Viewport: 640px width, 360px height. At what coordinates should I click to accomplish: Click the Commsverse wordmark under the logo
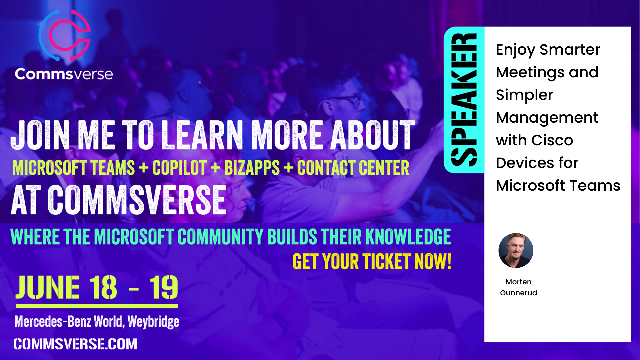pos(64,74)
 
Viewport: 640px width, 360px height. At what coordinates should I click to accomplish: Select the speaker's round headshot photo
pos(516,250)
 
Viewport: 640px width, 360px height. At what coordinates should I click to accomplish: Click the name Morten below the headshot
pos(518,282)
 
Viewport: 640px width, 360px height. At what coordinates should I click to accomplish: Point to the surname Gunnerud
pos(518,293)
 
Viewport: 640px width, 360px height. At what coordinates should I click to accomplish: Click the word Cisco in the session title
pos(552,140)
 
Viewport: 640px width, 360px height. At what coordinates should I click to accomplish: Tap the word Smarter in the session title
pos(570,50)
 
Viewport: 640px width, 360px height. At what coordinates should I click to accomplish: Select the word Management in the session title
pos(547,118)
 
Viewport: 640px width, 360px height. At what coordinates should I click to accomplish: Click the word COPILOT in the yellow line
pos(179,168)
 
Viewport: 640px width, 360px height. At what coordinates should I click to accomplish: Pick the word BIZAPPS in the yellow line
pos(252,168)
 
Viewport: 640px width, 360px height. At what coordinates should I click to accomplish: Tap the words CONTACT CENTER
pos(353,168)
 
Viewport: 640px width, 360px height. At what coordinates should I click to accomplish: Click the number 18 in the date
pos(103,287)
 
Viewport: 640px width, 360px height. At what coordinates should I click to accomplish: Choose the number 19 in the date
pos(164,287)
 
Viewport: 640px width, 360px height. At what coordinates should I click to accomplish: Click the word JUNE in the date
pos(48,287)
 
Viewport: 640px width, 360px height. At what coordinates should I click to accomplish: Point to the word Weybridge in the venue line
pos(153,322)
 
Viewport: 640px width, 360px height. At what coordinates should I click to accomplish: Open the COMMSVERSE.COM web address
pos(75,344)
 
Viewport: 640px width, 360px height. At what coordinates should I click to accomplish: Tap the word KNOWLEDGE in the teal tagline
pos(408,237)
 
